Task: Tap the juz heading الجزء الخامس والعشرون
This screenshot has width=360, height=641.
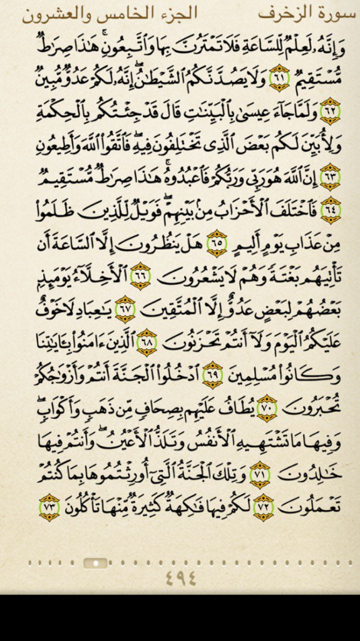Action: tap(110, 13)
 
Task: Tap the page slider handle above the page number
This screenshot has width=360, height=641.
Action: tap(95, 563)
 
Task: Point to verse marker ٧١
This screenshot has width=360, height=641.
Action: tap(258, 474)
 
